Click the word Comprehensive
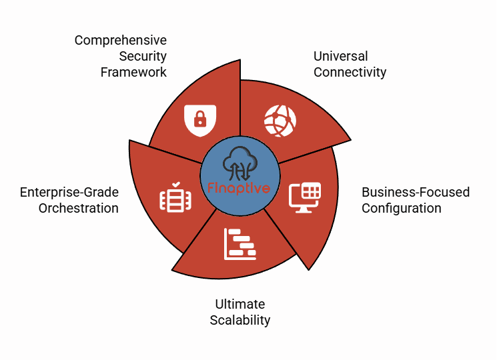pos(121,41)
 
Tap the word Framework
pos(133,72)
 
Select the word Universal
pos(340,57)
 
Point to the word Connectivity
pos(350,73)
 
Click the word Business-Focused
pos(416,192)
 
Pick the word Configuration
pos(402,209)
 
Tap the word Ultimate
pos(240,304)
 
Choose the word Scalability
pos(240,321)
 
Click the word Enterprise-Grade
pos(69,193)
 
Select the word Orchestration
pos(78,209)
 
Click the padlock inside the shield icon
pos(200,119)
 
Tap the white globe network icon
pos(280,121)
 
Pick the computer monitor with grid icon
pos(305,197)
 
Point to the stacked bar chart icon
pos(240,244)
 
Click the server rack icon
pos(175,200)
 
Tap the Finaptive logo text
pos(239,188)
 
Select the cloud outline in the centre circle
pos(240,158)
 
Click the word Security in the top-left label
pos(143,57)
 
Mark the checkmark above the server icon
pos(176,184)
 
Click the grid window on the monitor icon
pos(311,191)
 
